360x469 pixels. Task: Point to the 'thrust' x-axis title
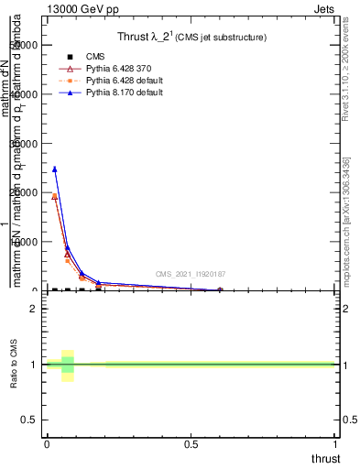324,459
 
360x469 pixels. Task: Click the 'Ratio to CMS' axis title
14,365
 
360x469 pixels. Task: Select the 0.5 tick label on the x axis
191,444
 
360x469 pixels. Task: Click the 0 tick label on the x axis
47,444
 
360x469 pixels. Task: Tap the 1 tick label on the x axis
335,444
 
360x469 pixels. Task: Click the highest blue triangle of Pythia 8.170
54,169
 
